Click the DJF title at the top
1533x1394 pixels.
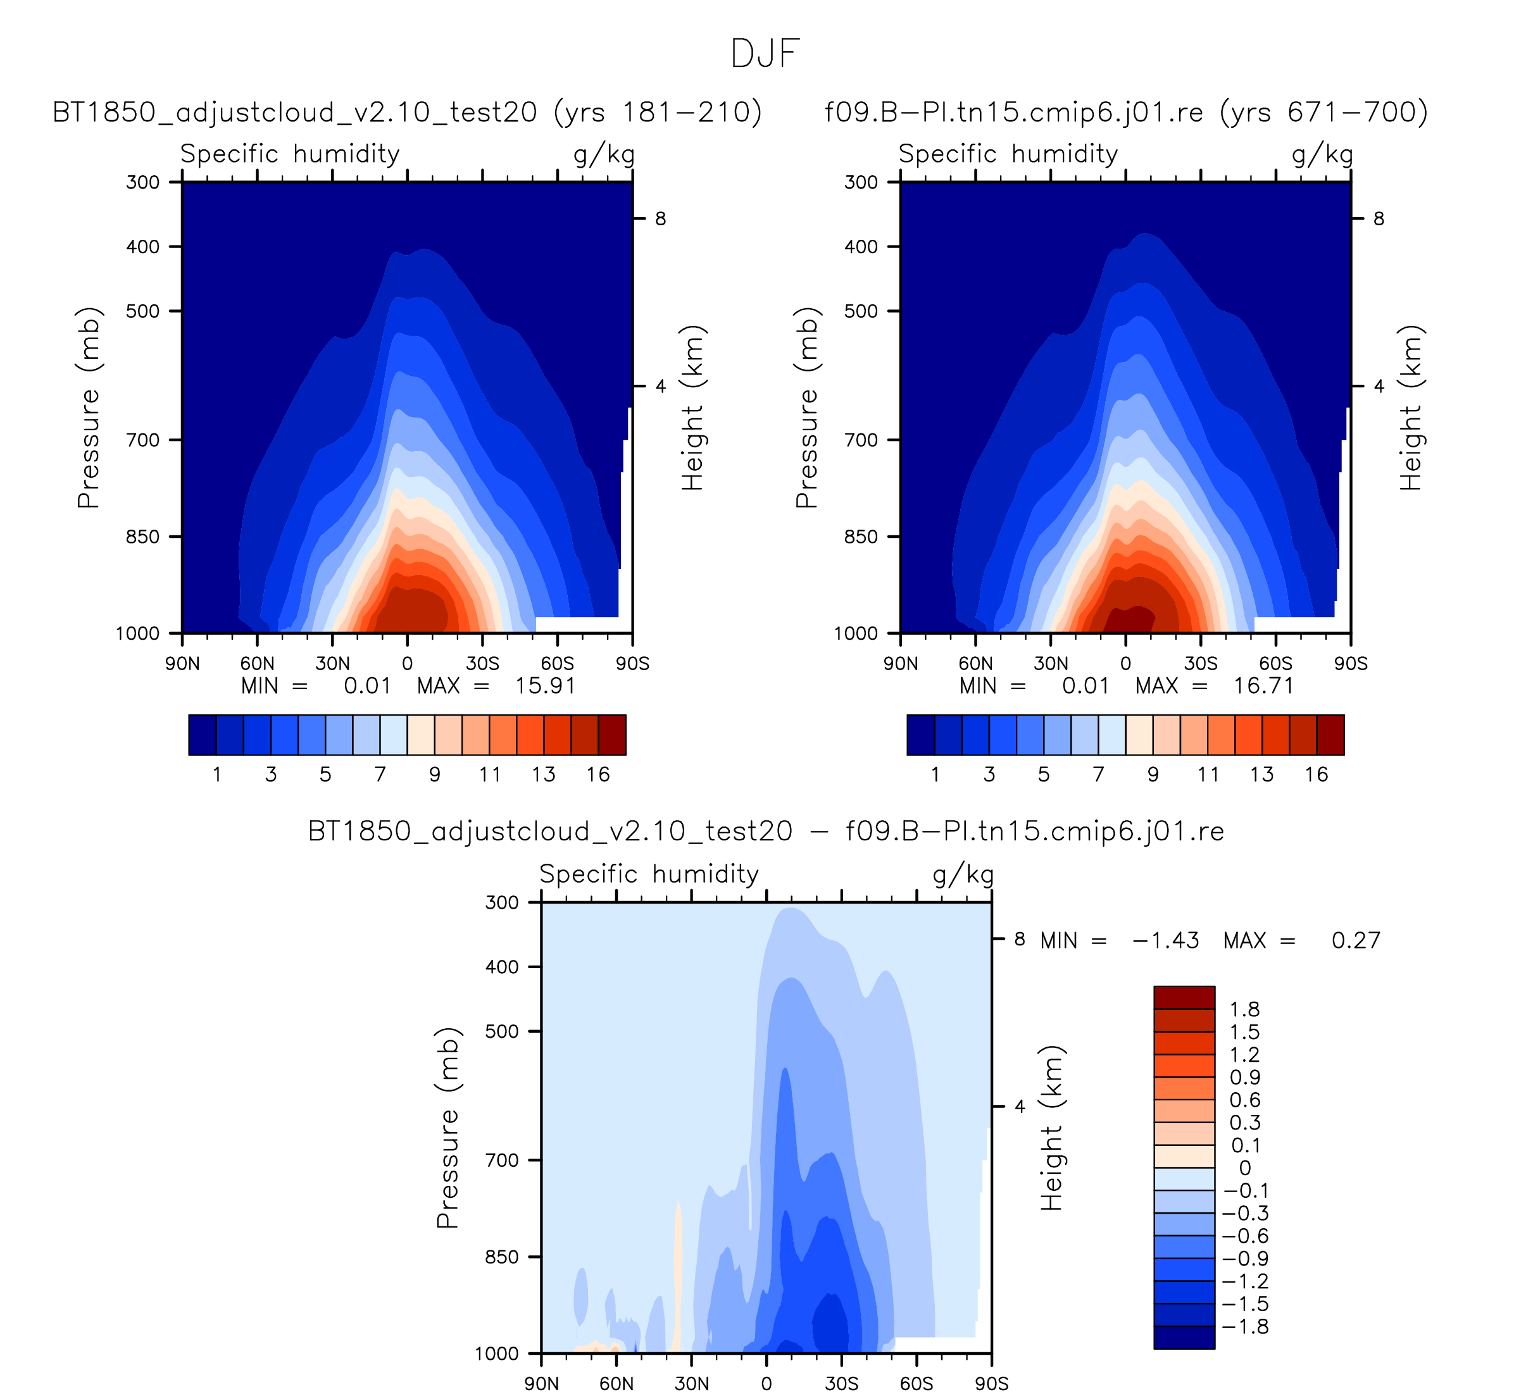pos(765,54)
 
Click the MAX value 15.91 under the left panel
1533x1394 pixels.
pos(545,687)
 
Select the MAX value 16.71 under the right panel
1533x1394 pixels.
pos(1263,687)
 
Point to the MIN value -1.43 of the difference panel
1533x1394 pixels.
pos(1166,941)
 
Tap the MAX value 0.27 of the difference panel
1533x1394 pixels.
pos(1356,941)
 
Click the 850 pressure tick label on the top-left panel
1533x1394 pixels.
pos(142,537)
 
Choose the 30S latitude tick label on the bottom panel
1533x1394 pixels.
pos(841,1384)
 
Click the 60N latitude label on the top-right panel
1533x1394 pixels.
pos(975,664)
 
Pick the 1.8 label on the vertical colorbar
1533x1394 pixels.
pos(1245,1009)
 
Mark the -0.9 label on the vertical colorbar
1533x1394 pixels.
pos(1245,1259)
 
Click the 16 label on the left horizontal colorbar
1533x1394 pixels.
pos(598,775)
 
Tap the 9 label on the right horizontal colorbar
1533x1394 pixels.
pos(1153,775)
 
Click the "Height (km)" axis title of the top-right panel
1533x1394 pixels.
pos(1411,408)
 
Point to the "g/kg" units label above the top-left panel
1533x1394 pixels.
pos(604,154)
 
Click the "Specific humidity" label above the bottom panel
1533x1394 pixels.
pos(649,874)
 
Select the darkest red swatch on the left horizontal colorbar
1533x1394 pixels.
pos(612,735)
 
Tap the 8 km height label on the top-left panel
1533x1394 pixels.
pos(660,219)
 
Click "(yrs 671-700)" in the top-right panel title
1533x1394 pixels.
pos(1323,113)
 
